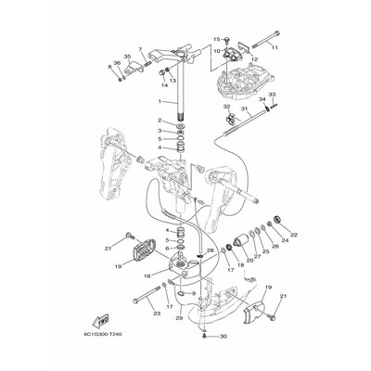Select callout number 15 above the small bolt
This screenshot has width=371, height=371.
216,39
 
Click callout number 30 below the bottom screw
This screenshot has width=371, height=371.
224,335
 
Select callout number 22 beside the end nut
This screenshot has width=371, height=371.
296,237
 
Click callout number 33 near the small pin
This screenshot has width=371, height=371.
272,96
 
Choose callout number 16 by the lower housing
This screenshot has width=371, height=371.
147,275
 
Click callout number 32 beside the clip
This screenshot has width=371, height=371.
225,109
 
